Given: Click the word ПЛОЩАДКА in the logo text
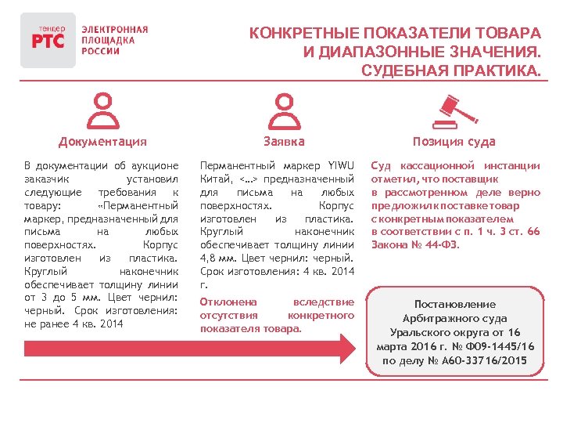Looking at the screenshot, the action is [108, 40].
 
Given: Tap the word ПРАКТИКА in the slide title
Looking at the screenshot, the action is [493, 72].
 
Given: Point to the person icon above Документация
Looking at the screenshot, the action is [102, 111].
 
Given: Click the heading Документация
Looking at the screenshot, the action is [102, 142].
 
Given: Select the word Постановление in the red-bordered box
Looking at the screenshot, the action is [455, 304].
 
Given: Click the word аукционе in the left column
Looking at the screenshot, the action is [157, 166].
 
